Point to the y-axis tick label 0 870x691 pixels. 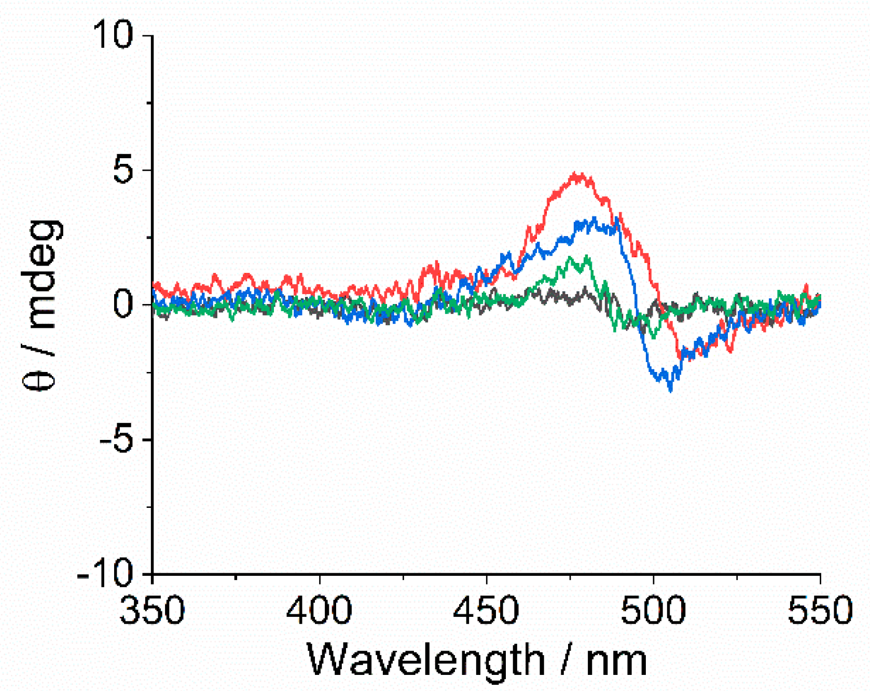(x=123, y=305)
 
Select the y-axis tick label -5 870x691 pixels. (x=115, y=439)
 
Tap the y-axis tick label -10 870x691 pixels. (x=105, y=574)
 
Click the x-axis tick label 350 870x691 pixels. (x=152, y=611)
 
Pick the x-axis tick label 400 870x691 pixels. (x=319, y=611)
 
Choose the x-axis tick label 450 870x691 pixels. (x=486, y=611)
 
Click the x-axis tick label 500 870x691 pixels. (x=653, y=611)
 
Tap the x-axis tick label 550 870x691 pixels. (x=820, y=611)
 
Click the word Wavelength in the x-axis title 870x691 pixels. (x=425, y=660)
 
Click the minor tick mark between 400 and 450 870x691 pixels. (x=403, y=577)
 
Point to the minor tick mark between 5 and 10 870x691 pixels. (x=150, y=103)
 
